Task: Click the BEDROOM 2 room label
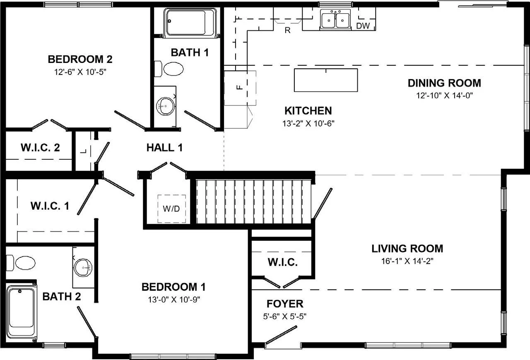80,59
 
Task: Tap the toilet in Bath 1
169,69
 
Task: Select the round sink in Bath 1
165,106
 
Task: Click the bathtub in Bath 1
191,22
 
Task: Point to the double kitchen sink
335,19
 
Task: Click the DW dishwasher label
363,26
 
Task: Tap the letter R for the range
287,30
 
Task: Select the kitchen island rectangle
326,80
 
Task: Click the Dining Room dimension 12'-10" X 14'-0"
444,96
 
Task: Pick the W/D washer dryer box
172,209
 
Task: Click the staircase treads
253,202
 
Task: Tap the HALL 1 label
164,148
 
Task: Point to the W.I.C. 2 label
40,148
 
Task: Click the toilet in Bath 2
21,263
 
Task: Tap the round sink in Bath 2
83,267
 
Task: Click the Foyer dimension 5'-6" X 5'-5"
284,316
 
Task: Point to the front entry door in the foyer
281,335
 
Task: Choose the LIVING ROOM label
407,249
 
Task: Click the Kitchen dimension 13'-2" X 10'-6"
308,123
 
